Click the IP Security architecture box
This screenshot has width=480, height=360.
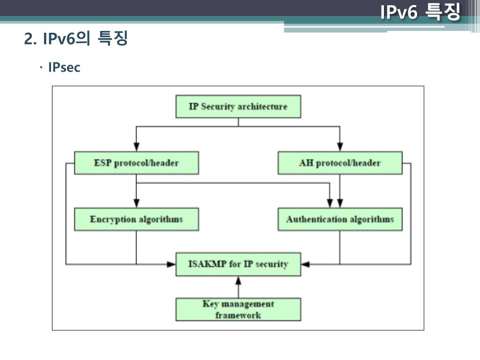238,106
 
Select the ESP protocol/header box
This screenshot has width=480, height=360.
136,163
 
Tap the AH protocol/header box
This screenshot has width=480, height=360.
340,163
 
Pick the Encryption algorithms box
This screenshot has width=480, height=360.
136,219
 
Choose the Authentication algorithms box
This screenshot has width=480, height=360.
340,219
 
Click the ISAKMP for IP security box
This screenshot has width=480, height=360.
238,264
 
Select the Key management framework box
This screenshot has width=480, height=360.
238,309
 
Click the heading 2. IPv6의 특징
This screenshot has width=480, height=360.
76,39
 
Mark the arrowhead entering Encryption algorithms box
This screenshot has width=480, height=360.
136,202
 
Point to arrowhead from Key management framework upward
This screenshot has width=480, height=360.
238,280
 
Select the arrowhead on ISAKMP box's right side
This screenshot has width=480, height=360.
306,264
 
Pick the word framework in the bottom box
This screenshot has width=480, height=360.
238,315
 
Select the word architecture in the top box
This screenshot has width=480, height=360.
262,106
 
